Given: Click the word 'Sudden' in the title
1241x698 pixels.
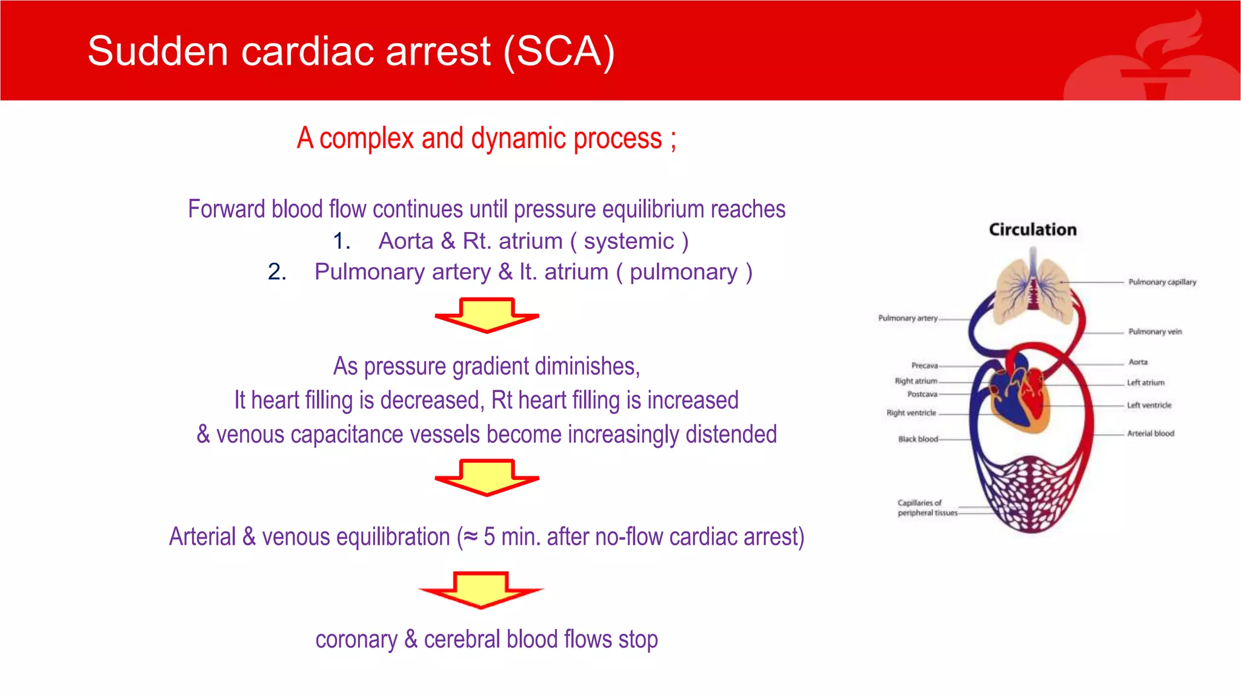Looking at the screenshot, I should [x=158, y=51].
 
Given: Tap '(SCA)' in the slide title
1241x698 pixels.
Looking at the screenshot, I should [x=559, y=51].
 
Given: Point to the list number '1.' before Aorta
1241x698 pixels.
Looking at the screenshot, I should [x=342, y=241].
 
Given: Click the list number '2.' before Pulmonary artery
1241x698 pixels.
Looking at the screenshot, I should [x=277, y=272].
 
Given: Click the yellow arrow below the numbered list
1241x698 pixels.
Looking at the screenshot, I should [x=487, y=314].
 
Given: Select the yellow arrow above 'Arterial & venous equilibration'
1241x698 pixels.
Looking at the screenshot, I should [x=487, y=477].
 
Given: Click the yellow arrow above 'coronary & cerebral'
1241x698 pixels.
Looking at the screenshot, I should [x=481, y=589].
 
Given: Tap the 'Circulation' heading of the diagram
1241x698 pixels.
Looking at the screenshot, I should [x=1033, y=230].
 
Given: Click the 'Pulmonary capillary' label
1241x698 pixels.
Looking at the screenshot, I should [x=1162, y=282].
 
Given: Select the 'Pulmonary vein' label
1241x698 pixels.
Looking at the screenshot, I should [x=1154, y=332].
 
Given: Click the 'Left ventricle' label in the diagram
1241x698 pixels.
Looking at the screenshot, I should [x=1149, y=405].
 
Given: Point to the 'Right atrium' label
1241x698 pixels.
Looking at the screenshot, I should [x=916, y=381].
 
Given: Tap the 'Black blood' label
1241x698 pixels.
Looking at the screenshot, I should [x=917, y=439].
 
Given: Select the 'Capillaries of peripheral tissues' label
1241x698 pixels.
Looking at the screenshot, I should [x=927, y=508].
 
